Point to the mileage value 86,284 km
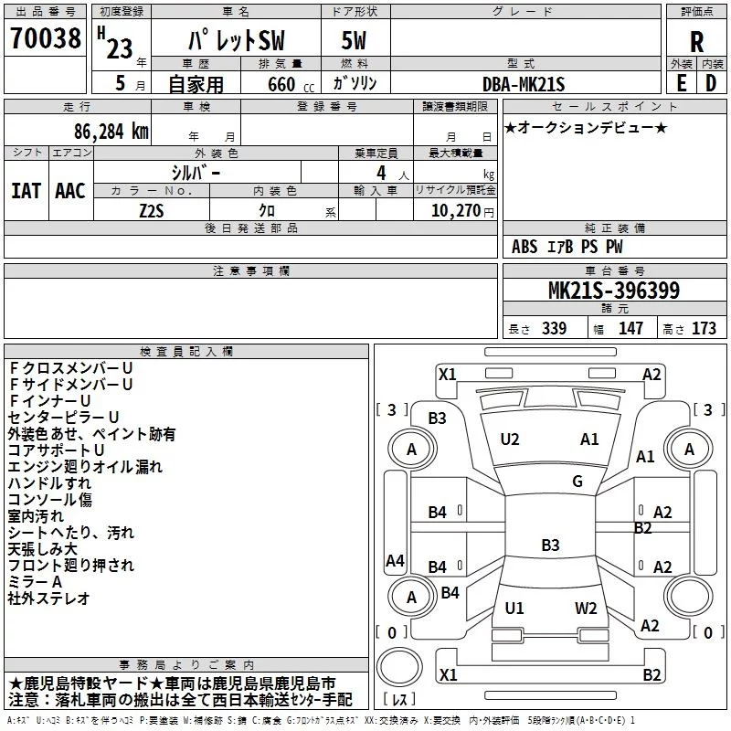(x=105, y=131)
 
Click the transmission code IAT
(x=26, y=191)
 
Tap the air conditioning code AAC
(x=69, y=191)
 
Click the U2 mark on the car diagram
(x=510, y=440)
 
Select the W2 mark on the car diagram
(x=586, y=609)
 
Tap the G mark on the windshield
(x=577, y=482)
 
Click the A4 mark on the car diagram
(x=395, y=560)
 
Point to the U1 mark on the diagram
(x=514, y=609)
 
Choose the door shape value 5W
(x=354, y=41)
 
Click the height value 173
(x=705, y=329)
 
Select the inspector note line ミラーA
(x=35, y=582)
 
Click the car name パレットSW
(x=237, y=41)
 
